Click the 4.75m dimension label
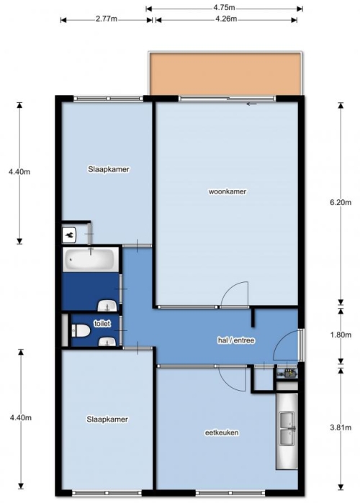(x=224, y=7)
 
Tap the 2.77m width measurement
(x=107, y=19)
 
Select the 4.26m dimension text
(x=226, y=19)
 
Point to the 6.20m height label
(x=341, y=202)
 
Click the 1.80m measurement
(x=341, y=335)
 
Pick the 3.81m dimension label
(x=341, y=427)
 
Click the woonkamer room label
(x=228, y=192)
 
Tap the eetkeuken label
(x=222, y=432)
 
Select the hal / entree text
(x=236, y=340)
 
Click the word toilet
(x=102, y=324)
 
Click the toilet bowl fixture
(x=80, y=331)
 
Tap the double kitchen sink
(x=287, y=429)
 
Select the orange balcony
(x=226, y=74)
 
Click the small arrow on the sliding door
(x=252, y=104)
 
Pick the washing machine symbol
(x=69, y=235)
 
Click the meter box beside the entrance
(x=287, y=373)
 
